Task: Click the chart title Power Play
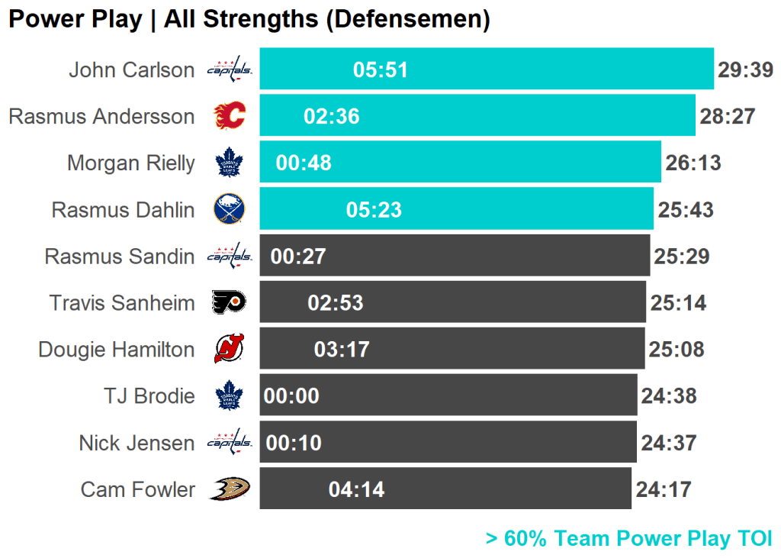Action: tap(249, 19)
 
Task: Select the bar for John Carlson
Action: tap(534, 69)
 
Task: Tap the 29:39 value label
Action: tap(745, 70)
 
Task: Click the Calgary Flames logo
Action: tap(230, 116)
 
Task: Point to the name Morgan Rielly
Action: tap(130, 163)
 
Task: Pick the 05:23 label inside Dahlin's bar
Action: tap(374, 210)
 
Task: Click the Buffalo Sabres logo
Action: tap(230, 209)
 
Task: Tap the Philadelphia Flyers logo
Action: tap(230, 303)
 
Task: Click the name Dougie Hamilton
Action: tap(117, 350)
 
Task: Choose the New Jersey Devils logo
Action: tap(230, 350)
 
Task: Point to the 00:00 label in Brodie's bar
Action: tap(291, 396)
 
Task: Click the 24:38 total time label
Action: tap(669, 396)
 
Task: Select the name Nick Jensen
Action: tap(137, 443)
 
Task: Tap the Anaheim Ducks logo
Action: tap(230, 489)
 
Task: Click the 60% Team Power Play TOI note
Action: tap(629, 539)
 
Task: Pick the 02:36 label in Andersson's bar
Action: tap(332, 117)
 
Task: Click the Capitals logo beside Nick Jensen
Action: tap(230, 442)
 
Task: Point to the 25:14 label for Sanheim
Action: tap(678, 303)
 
